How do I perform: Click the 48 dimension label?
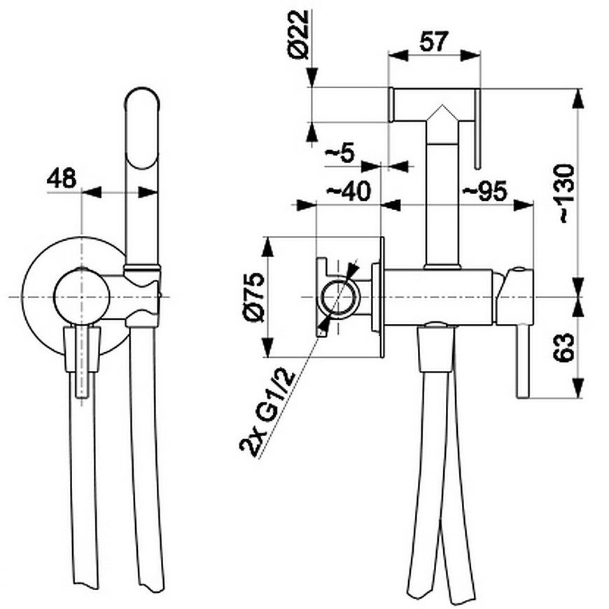coord(62,178)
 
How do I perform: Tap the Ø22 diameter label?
coord(299,34)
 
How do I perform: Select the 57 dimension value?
coord(434,41)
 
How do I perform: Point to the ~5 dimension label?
coord(340,154)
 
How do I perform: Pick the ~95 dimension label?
coord(484,190)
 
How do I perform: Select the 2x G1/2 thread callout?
coord(267,413)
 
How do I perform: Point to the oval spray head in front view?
coord(142,128)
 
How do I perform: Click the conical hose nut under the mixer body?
coord(436,349)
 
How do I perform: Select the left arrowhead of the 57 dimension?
coord(398,55)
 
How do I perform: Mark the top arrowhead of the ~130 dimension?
coord(579,99)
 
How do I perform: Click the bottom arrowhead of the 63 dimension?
coord(579,388)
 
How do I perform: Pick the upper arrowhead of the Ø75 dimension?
coord(267,247)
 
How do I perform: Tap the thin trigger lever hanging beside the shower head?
coord(477,129)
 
